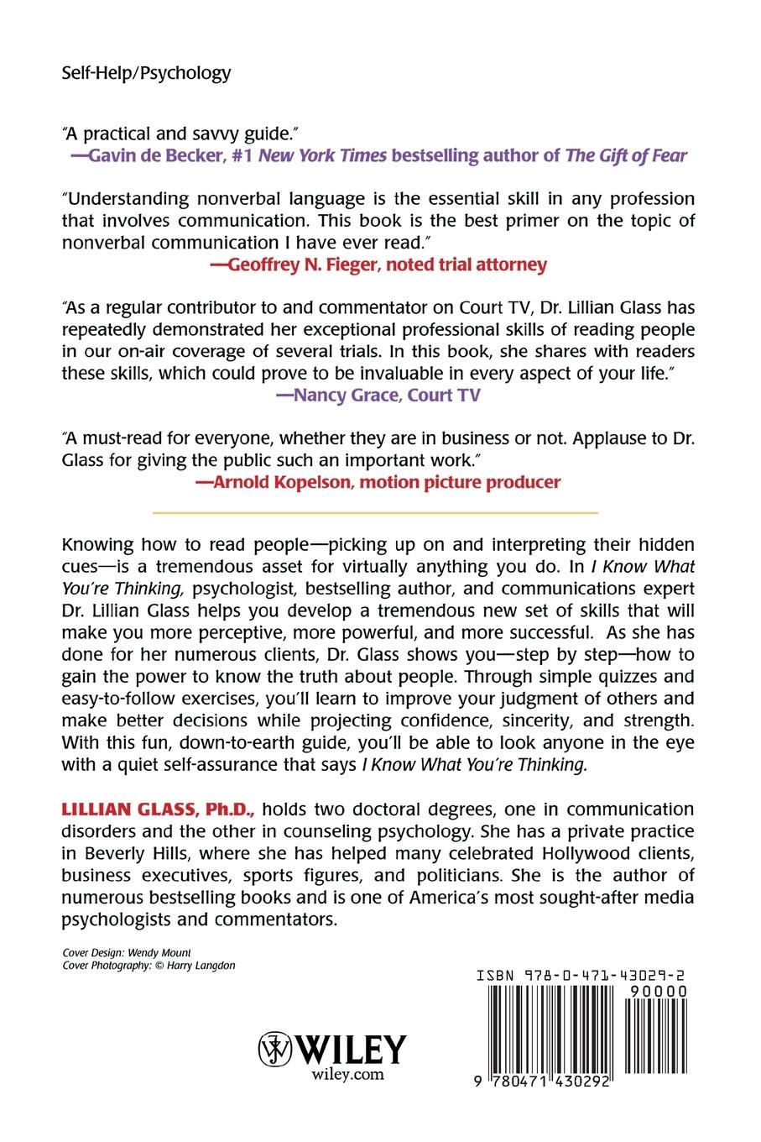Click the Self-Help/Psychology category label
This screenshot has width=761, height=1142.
tap(146, 73)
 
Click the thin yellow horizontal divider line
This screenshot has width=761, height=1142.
tap(374, 511)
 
